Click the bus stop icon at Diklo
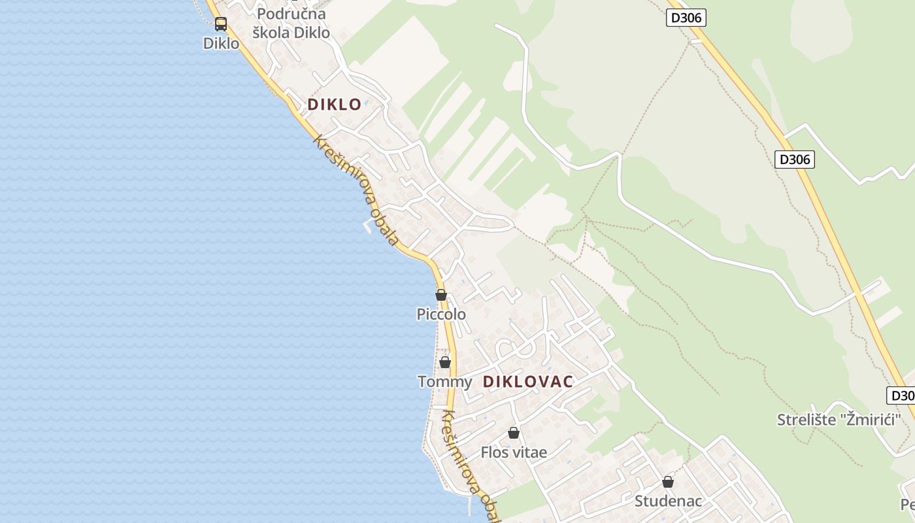[x=221, y=24]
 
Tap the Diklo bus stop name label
[x=221, y=44]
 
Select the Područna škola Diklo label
[x=291, y=23]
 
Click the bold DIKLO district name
[x=335, y=104]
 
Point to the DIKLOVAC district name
[x=528, y=382]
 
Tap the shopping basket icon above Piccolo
[x=441, y=295]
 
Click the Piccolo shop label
[x=441, y=314]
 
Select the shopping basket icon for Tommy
[x=445, y=362]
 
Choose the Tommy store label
[x=444, y=382]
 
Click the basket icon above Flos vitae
[x=514, y=433]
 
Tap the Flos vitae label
[x=514, y=452]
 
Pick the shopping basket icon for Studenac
[x=668, y=482]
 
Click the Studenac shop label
[x=668, y=501]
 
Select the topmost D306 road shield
[x=686, y=18]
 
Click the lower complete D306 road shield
[x=795, y=159]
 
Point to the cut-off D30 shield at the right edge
[x=901, y=396]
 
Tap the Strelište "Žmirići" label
[x=839, y=420]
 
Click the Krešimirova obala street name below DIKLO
[x=356, y=190]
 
